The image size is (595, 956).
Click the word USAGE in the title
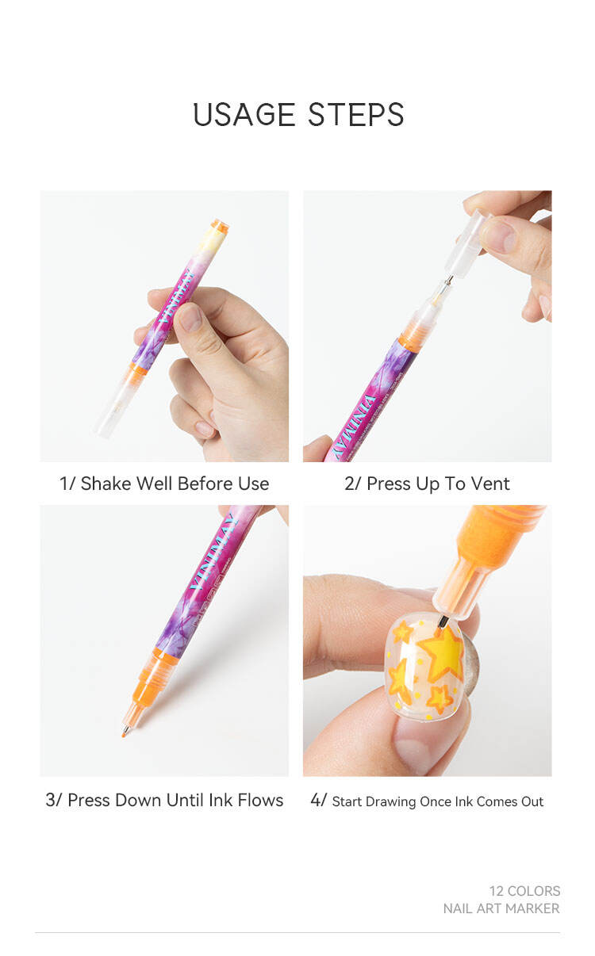(x=244, y=115)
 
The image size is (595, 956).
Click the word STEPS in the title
(x=355, y=115)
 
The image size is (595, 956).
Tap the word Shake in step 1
(x=106, y=484)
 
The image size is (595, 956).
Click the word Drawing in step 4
(x=390, y=802)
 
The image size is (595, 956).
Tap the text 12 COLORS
(x=524, y=891)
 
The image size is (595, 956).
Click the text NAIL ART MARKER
(x=501, y=908)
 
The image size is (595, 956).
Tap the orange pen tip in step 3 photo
(x=124, y=733)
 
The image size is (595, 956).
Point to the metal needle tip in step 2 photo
(x=448, y=281)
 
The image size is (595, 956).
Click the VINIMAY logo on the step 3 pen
(x=213, y=552)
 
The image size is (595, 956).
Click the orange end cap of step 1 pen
(x=220, y=225)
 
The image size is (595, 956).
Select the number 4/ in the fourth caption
(x=319, y=800)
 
